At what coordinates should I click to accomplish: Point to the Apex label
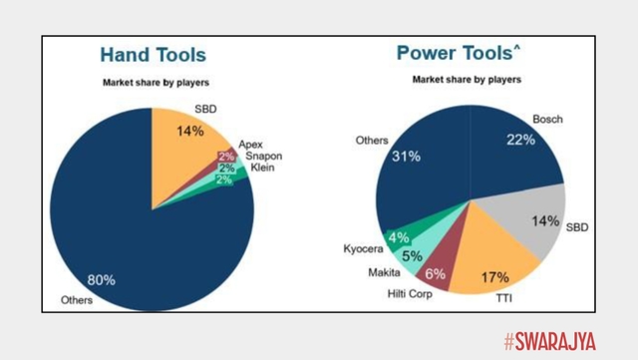pyautogui.click(x=250, y=144)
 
